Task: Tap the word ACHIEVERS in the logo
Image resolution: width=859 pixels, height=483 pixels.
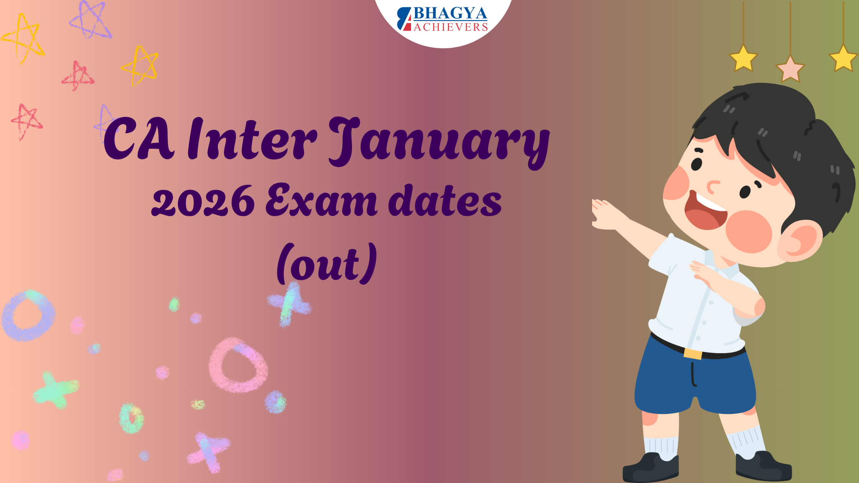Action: (451, 27)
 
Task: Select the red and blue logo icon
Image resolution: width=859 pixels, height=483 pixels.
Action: (404, 19)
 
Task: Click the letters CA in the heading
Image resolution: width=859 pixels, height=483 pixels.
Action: (139, 139)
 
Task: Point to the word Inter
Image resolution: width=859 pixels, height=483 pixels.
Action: (252, 139)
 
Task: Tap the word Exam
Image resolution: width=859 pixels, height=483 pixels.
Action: (321, 200)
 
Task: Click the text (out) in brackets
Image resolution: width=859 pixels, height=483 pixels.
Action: (327, 264)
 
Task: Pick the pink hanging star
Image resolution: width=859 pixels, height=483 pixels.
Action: (790, 69)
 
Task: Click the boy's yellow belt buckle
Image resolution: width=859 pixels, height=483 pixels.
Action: (693, 353)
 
